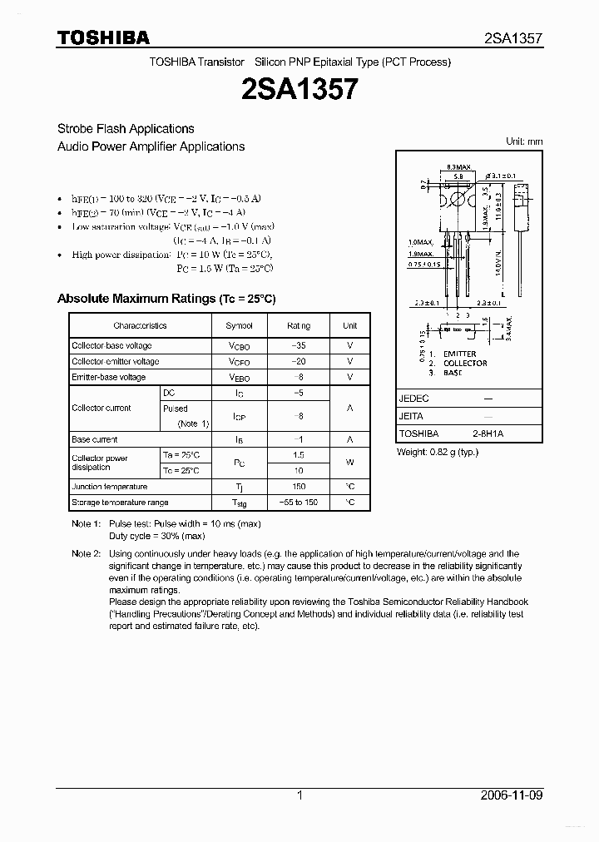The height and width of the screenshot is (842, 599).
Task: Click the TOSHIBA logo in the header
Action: [x=103, y=37]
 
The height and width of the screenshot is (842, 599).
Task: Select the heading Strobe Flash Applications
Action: [x=126, y=129]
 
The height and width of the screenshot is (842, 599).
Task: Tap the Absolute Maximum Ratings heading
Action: [x=166, y=298]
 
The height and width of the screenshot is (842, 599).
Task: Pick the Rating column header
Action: [x=298, y=326]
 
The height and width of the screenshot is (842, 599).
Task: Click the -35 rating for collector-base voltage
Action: [x=298, y=345]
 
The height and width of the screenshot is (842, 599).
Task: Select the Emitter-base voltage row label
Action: [x=109, y=377]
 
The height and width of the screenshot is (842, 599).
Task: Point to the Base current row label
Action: [x=95, y=439]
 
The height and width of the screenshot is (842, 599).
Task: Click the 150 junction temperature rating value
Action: [x=299, y=487]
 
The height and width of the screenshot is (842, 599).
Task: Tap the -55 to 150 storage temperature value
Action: [x=299, y=503]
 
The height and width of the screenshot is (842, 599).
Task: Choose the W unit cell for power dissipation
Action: [x=350, y=463]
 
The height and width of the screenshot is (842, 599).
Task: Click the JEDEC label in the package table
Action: [x=413, y=399]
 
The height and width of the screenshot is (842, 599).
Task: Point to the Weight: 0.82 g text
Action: [x=438, y=452]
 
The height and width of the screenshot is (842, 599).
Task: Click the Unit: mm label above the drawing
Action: [x=524, y=141]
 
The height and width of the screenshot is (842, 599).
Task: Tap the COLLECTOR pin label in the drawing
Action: [x=466, y=364]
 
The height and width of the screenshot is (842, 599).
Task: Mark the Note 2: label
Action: [x=86, y=553]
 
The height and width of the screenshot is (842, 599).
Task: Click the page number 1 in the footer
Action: [x=299, y=795]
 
